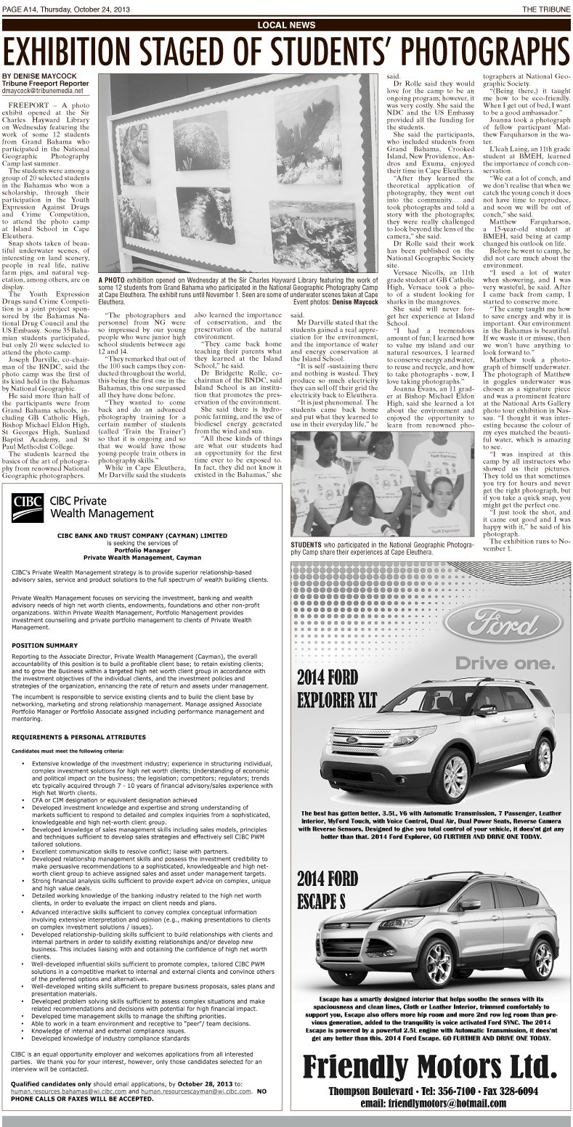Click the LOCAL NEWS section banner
286,25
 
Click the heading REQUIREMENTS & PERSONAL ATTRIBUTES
74,736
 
